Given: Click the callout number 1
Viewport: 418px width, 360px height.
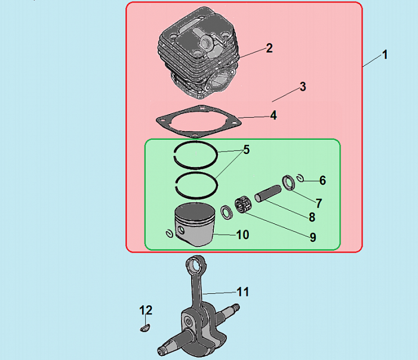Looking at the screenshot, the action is (385, 55).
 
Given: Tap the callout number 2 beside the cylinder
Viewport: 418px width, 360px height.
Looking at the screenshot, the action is (269, 48).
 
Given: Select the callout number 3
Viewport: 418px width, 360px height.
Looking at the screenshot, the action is (303, 87).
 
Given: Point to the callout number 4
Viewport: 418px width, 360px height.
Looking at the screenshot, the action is (273, 115).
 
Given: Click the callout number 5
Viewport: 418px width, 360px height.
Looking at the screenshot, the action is (246, 150).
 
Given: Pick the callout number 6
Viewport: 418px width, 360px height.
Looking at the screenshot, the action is (322, 180).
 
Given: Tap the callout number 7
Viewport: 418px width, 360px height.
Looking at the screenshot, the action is (319, 204).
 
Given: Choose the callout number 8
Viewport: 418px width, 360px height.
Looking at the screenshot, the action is (312, 217).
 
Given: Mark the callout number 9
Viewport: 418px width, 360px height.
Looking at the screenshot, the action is (313, 237).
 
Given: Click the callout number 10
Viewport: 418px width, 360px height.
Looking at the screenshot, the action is (243, 235).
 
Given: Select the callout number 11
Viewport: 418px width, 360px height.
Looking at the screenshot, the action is (243, 292).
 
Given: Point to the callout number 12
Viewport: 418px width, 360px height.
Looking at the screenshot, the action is (146, 310).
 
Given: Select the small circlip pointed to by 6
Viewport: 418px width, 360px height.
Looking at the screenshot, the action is (301, 178).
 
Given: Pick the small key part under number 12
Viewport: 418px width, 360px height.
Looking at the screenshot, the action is (145, 328).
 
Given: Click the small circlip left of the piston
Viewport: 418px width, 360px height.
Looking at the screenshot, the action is (169, 233).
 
